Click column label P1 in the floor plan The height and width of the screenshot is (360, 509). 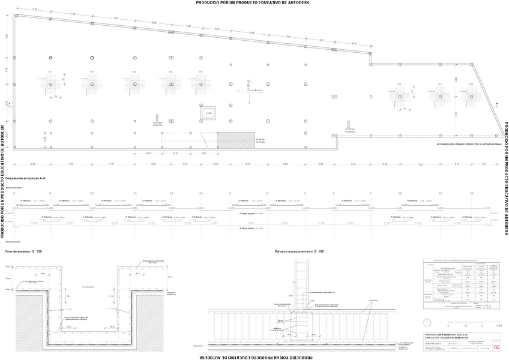click(51, 72)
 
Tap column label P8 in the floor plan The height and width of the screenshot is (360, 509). click(472, 85)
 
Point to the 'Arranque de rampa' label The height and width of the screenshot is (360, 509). click(261, 139)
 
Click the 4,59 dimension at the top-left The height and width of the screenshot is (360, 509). click(35, 10)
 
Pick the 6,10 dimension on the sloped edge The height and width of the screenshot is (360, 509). click(354, 44)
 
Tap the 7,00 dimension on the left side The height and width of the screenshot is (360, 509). click(7, 37)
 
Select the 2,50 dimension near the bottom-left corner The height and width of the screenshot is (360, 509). click(44, 139)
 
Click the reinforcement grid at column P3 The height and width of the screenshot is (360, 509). click(134, 85)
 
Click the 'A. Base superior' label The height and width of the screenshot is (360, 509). click(248, 213)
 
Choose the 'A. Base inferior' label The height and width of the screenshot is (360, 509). click(248, 229)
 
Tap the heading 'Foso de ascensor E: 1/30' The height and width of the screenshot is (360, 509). click(24, 251)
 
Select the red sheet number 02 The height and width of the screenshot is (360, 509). click(496, 347)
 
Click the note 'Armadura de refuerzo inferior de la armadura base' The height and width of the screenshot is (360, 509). click(469, 145)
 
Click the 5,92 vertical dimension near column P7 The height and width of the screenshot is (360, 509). click(456, 79)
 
